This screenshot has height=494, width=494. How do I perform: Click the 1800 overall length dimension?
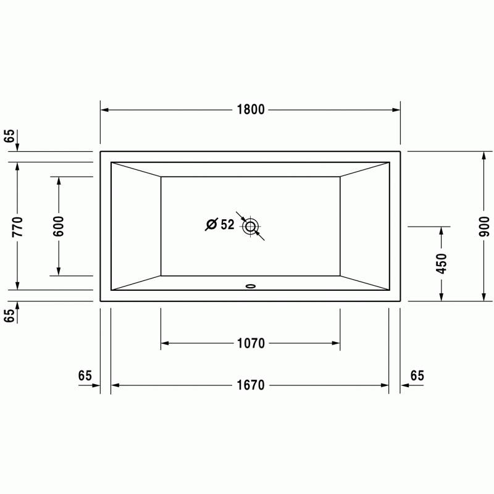click(x=251, y=110)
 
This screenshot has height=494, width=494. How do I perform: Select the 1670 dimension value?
click(x=251, y=385)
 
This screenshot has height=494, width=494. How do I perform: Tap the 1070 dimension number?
click(x=251, y=343)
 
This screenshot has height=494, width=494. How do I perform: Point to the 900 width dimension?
click(x=484, y=227)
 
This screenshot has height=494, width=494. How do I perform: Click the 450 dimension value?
click(x=442, y=264)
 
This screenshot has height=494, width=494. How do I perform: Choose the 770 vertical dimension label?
click(x=17, y=227)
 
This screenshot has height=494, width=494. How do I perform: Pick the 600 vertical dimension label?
click(x=59, y=226)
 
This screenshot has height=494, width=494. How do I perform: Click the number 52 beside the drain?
click(x=227, y=225)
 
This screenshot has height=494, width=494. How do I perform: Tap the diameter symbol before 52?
click(x=211, y=224)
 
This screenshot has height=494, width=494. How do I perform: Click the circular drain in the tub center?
click(x=251, y=226)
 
